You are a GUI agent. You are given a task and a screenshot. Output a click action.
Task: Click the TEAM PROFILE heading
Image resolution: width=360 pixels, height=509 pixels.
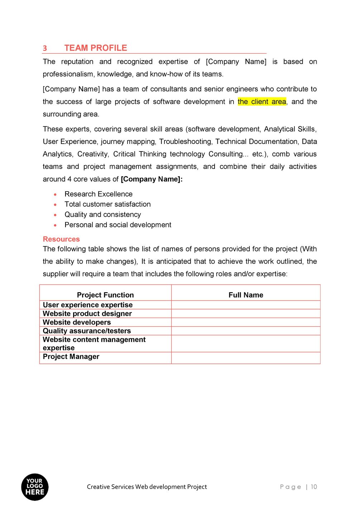(96, 48)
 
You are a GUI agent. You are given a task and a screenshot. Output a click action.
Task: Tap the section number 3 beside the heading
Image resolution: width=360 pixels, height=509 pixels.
(45, 48)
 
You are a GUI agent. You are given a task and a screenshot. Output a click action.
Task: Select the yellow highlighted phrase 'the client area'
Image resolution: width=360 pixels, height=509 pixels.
(262, 102)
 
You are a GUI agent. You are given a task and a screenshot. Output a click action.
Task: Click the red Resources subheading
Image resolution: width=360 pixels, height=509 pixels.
(61, 239)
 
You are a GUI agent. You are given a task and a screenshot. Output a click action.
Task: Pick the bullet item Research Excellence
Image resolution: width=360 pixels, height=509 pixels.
(99, 194)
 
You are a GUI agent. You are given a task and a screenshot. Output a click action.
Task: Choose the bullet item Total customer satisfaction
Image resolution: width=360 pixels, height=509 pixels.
(107, 204)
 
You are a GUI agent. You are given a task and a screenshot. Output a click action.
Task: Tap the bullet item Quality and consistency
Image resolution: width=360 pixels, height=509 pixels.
(103, 215)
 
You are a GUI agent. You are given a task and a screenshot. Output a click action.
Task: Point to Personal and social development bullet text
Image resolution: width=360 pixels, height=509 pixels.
(118, 225)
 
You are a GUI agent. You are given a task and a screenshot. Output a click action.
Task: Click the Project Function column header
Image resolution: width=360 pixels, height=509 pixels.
(105, 295)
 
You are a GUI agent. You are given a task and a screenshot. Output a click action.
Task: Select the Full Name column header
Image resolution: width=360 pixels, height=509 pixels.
(246, 295)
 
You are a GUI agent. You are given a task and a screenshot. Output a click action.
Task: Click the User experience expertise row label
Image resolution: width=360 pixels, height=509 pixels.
(88, 305)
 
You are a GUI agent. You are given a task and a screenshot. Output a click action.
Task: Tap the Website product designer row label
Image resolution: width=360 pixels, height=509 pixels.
(87, 313)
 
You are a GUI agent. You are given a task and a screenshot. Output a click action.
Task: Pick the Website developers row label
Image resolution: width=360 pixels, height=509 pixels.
(77, 322)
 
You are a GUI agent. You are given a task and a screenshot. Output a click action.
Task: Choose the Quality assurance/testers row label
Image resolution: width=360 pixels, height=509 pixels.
(87, 331)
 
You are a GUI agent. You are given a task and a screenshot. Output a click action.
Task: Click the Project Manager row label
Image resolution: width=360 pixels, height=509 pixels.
(71, 357)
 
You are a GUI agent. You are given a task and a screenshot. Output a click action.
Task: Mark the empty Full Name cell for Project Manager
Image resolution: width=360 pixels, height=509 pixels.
(246, 358)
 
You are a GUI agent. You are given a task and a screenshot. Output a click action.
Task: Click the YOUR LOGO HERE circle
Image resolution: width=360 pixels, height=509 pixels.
(35, 487)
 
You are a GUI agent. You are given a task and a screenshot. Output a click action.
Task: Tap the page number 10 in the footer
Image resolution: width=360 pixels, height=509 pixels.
(314, 487)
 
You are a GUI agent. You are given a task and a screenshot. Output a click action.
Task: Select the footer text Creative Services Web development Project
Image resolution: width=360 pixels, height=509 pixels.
(147, 487)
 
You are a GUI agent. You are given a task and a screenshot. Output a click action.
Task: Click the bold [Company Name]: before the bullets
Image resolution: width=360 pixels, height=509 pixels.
(152, 179)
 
